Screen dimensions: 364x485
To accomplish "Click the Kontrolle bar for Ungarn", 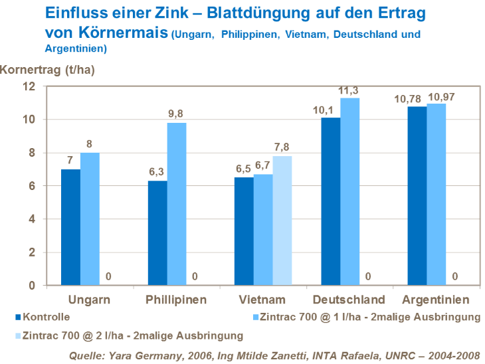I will point(70,227).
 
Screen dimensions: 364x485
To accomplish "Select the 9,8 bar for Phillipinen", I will point(176,204).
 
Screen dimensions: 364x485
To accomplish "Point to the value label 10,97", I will point(440,97).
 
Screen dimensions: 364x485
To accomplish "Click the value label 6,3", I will point(157,172).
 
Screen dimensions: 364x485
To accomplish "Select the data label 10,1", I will point(330,109).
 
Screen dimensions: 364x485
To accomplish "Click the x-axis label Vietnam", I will point(263,300).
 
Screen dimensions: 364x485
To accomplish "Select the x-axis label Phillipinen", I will point(176,300).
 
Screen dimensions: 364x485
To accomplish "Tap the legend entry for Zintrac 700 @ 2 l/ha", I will point(131,335).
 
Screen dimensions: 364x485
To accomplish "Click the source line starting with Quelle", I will point(275,355).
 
